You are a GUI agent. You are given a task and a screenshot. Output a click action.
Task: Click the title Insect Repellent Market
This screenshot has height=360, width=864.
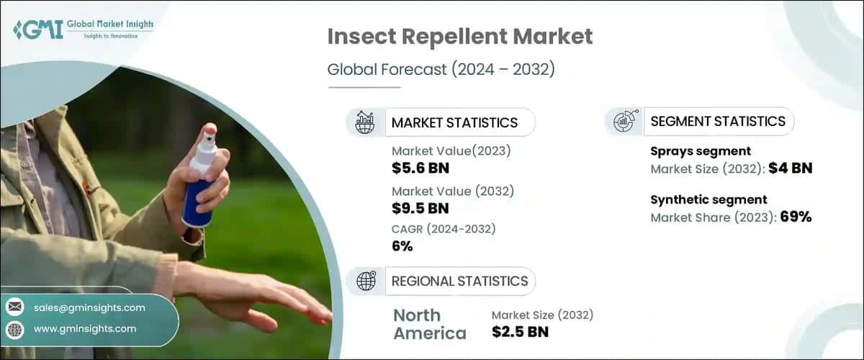click(x=460, y=37)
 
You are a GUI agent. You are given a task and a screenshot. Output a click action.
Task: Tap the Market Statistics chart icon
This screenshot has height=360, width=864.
click(x=364, y=122)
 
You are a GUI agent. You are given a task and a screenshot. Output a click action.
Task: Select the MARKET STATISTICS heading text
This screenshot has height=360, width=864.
click(x=454, y=122)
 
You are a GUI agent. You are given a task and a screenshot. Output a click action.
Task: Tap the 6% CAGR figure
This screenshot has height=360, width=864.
click(x=402, y=246)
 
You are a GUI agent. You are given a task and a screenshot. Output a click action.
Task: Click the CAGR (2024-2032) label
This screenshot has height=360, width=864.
click(x=444, y=229)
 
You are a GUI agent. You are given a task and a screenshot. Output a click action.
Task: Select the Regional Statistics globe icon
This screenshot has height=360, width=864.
click(x=365, y=281)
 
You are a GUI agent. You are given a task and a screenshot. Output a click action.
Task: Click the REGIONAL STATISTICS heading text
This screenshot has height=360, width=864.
click(x=459, y=281)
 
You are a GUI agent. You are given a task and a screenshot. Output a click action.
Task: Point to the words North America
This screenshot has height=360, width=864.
click(x=430, y=323)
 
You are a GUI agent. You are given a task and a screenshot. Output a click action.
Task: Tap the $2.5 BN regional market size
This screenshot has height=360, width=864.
click(x=520, y=331)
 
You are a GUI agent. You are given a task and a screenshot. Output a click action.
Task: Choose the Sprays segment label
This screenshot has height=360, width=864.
click(x=700, y=151)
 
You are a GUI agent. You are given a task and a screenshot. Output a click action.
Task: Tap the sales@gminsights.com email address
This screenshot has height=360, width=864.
click(x=89, y=307)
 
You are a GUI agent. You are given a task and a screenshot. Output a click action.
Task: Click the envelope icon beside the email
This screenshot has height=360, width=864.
click(x=14, y=307)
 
